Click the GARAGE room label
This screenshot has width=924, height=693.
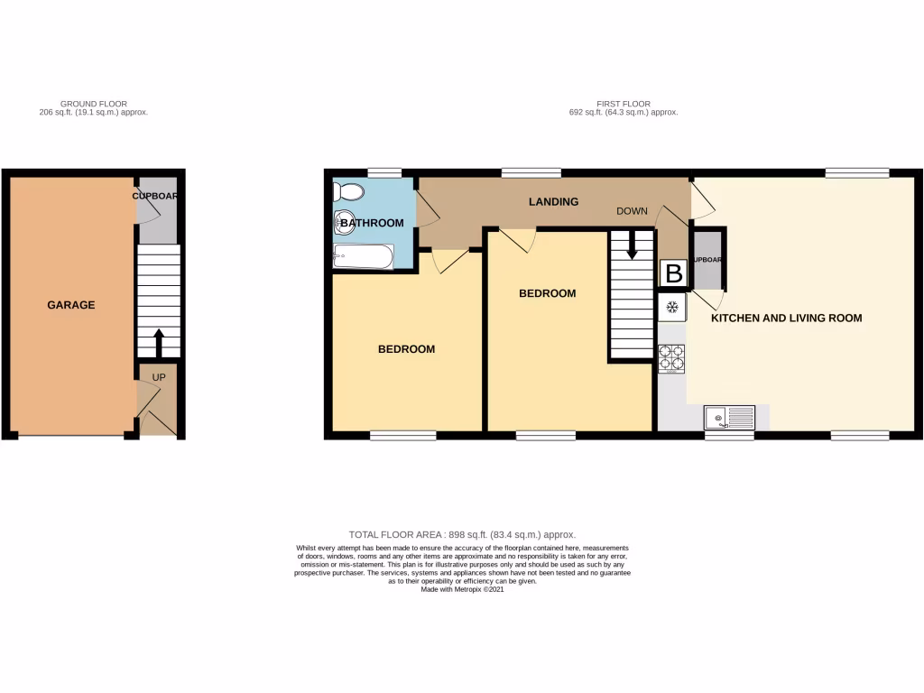70,305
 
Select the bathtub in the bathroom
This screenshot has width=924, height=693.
363,257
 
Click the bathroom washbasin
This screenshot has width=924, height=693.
343,222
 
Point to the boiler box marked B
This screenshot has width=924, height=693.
673,273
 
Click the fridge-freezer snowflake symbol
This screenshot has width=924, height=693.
671,308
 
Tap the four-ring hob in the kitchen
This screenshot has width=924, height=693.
671,358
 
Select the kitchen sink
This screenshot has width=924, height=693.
729,418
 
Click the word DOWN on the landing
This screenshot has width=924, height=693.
632,211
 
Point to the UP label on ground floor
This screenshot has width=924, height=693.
158,376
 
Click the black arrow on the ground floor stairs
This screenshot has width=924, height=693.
159,342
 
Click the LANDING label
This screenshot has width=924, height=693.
553,202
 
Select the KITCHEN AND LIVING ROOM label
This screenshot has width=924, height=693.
786,318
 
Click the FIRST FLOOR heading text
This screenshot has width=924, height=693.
623,104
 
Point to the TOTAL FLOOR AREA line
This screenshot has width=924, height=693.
462,535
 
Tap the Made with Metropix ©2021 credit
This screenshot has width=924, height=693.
462,589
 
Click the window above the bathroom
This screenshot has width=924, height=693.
384,172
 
